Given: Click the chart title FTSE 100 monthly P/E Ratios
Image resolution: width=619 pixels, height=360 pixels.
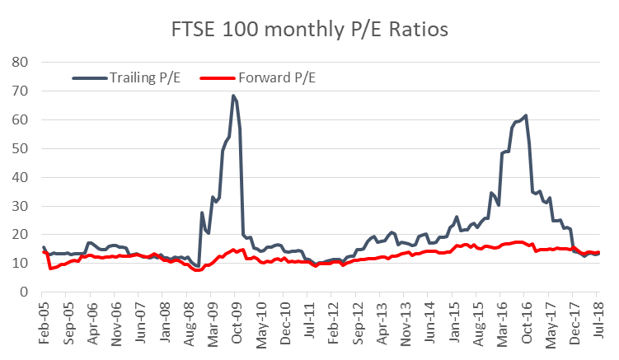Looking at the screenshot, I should point(309,30).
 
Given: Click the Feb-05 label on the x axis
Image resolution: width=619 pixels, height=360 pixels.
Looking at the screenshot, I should point(40,316).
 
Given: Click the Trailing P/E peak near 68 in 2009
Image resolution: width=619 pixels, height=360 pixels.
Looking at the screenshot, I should point(234,96).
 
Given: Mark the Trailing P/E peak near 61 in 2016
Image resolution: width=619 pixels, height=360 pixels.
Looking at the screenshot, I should point(525,115).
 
